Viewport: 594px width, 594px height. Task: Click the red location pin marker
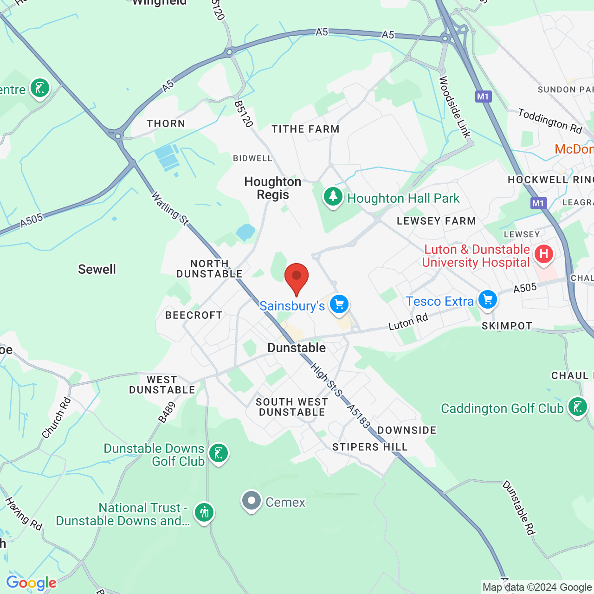[x=296, y=277]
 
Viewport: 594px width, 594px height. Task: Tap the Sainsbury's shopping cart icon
[x=339, y=304]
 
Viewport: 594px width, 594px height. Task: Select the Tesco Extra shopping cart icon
[x=488, y=299]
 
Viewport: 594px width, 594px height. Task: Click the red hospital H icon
[x=543, y=254]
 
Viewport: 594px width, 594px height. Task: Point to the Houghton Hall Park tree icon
[x=333, y=197]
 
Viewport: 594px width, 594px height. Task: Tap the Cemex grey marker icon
[x=252, y=501]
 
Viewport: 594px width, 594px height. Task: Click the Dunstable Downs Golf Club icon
[x=218, y=453]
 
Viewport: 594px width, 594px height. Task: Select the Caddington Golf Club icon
[x=578, y=407]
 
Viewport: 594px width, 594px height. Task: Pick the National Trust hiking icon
[x=204, y=513]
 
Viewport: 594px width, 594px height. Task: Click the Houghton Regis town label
[x=273, y=188]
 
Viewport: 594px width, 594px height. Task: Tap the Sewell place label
[x=97, y=269]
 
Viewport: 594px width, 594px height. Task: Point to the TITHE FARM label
[x=305, y=129]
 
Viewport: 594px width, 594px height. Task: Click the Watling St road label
[x=170, y=209]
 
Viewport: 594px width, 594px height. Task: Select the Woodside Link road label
[x=455, y=107]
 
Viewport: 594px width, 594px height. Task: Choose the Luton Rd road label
[x=408, y=322]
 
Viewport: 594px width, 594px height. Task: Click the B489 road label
[x=167, y=413]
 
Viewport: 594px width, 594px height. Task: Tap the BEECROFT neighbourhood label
[x=194, y=315]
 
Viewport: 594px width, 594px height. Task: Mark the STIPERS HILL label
[x=370, y=447]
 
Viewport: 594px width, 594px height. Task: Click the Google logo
[x=31, y=583]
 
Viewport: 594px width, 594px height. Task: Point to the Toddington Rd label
[x=550, y=121]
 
